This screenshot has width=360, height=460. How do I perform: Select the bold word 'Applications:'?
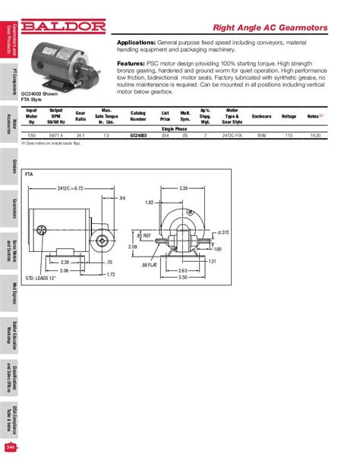137,43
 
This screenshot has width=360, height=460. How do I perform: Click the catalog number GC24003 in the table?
139,134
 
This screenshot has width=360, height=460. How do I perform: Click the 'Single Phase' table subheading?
173,128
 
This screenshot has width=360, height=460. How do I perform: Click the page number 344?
8,448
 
